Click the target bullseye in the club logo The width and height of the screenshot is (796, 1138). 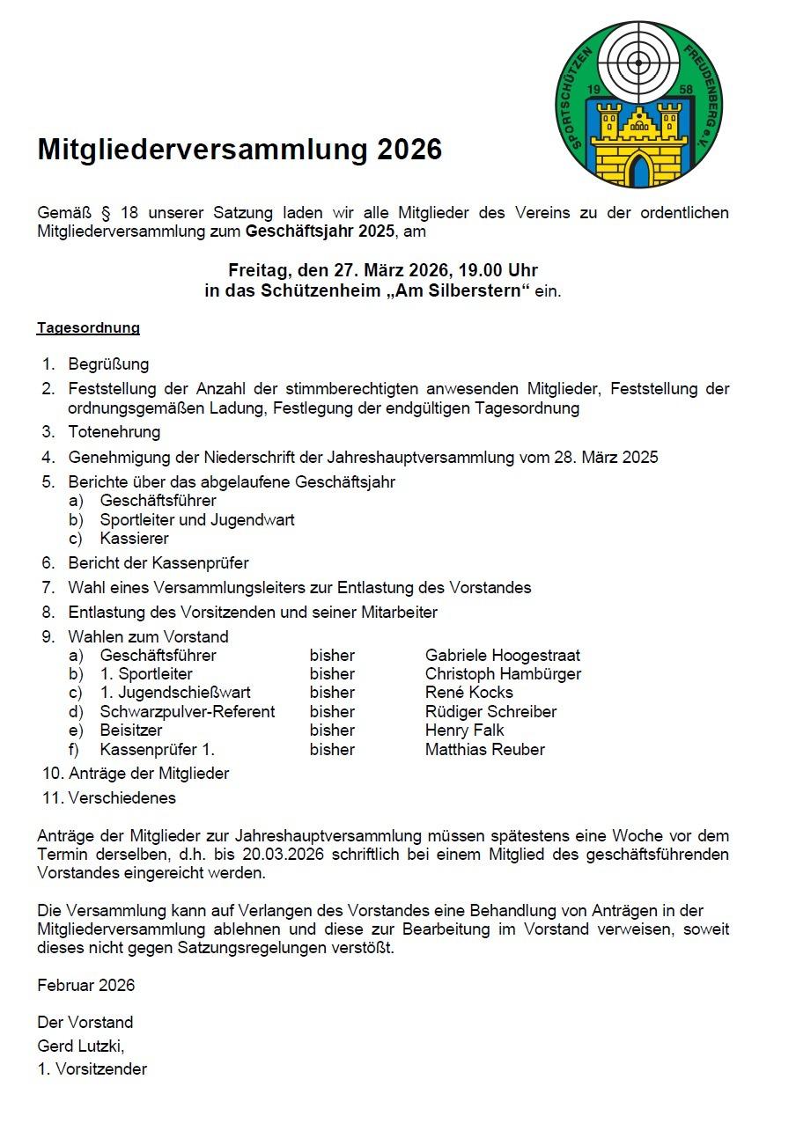[638, 61]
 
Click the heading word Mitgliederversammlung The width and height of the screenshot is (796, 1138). [202, 151]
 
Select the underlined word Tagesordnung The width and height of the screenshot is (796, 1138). [88, 328]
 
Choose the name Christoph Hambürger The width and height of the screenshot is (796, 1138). [503, 674]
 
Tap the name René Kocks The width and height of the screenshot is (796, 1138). [468, 693]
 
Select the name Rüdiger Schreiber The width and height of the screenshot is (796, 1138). [490, 712]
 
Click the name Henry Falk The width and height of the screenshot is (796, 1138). [464, 731]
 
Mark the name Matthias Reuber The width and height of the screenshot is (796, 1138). [484, 750]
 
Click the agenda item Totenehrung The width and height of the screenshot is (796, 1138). [114, 432]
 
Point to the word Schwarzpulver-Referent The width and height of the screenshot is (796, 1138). [187, 712]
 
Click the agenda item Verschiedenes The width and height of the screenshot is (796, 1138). [122, 798]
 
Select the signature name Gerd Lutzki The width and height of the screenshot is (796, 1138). [80, 1046]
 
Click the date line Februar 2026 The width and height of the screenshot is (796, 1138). [86, 986]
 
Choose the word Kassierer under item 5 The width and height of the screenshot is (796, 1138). [134, 539]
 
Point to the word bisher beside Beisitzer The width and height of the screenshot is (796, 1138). [332, 731]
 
